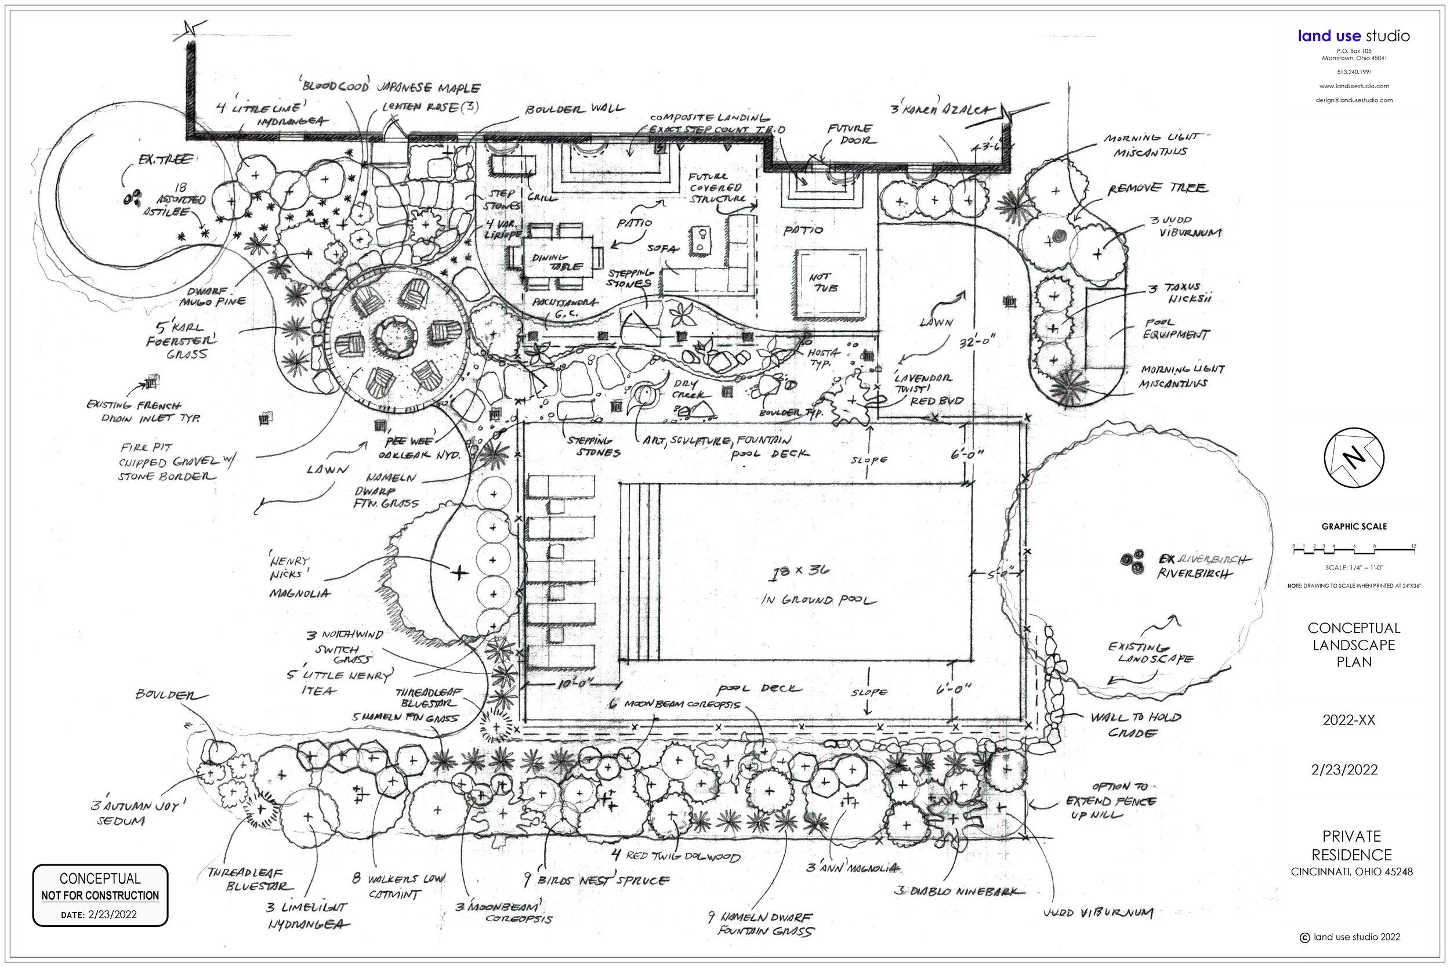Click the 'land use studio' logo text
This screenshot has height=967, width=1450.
pyautogui.click(x=1353, y=36)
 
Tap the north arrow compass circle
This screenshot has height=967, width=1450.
pyautogui.click(x=1354, y=458)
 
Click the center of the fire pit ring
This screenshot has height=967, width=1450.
pyautogui.click(x=395, y=336)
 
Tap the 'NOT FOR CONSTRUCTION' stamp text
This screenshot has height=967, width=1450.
pyautogui.click(x=100, y=895)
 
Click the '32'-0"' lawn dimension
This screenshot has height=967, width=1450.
pyautogui.click(x=977, y=341)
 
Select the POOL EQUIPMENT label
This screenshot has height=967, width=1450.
pyautogui.click(x=1175, y=329)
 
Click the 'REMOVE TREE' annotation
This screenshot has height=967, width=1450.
pyautogui.click(x=1157, y=188)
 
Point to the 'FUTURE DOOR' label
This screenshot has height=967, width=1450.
pyautogui.click(x=850, y=134)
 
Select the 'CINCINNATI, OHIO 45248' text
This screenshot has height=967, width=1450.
pyautogui.click(x=1351, y=871)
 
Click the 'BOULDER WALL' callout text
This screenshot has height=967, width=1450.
pyautogui.click(x=574, y=110)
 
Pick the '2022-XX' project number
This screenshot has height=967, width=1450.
pyautogui.click(x=1348, y=720)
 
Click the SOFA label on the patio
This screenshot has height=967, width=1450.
pyautogui.click(x=662, y=248)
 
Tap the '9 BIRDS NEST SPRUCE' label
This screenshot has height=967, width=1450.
pyautogui.click(x=596, y=880)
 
